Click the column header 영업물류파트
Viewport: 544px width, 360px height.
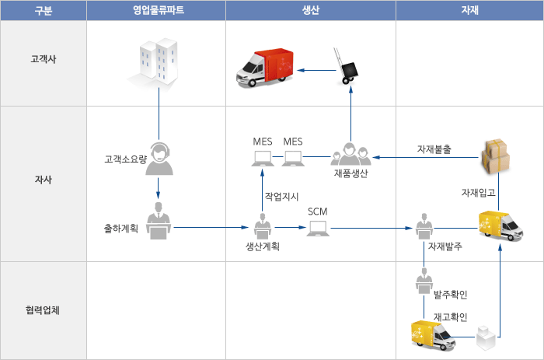coord(159,10)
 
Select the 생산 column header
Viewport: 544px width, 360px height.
coord(311,10)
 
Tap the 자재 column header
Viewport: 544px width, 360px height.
coord(469,10)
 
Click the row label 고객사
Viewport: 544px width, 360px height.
coord(44,58)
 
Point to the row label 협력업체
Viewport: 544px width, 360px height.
coord(43,309)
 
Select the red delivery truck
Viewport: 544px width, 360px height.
coord(265,67)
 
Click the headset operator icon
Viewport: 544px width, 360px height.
coord(159,159)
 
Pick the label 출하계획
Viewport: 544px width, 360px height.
coord(121,228)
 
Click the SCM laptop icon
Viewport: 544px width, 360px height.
coord(318,229)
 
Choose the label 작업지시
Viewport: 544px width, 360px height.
coord(281,197)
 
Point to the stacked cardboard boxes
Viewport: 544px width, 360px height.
coord(496,156)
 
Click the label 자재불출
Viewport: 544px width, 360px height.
coord(434,149)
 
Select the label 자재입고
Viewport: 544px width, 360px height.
coord(479,192)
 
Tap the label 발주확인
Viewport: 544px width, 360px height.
coord(450,295)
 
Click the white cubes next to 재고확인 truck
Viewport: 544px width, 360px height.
coord(486,337)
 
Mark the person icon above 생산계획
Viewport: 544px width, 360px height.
coord(263,226)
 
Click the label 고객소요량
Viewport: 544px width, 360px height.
coord(126,159)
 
